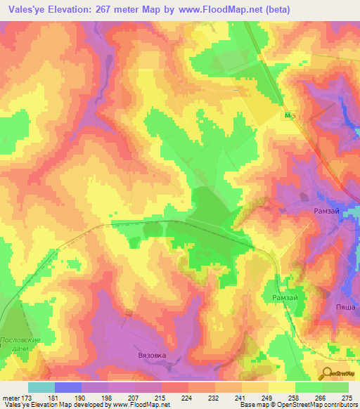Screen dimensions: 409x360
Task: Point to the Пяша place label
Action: (345, 307)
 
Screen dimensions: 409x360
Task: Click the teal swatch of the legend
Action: (41, 387)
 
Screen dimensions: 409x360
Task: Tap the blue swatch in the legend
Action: (68, 387)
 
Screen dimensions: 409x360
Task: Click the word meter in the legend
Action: (10, 398)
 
